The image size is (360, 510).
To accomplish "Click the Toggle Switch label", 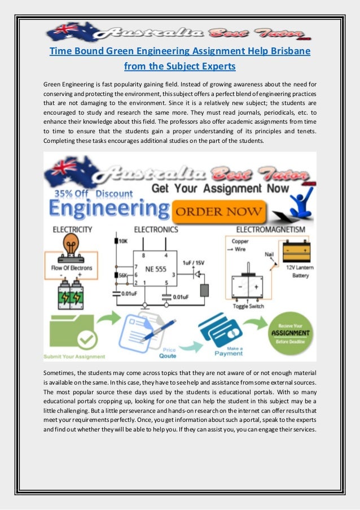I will tap(248, 306).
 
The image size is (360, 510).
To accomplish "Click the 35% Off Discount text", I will tap(94, 194).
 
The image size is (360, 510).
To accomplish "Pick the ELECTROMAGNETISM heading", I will tap(271, 230).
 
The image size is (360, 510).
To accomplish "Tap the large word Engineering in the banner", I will tap(101, 210).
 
